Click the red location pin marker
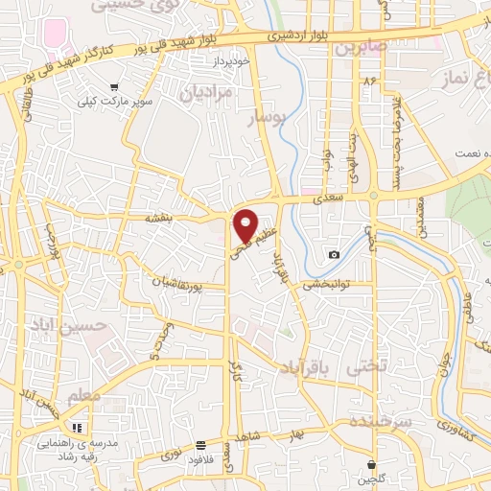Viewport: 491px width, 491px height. tap(246, 224)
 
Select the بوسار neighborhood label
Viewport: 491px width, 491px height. tap(266, 120)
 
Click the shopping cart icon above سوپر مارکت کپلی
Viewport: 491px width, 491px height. tap(115, 86)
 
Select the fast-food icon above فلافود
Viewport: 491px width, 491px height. tap(200, 445)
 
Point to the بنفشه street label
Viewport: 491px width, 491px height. tap(159, 218)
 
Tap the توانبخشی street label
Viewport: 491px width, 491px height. tap(330, 284)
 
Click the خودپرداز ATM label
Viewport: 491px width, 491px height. tap(235, 59)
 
